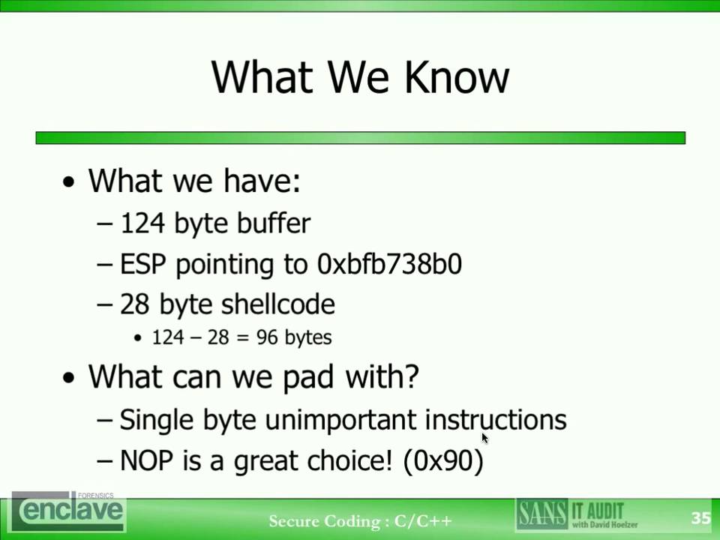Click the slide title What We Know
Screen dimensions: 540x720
[360, 76]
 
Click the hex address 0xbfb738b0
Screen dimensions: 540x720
[389, 264]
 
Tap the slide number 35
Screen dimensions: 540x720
[700, 518]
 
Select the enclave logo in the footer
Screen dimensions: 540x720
[69, 511]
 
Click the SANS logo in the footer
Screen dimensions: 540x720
[541, 514]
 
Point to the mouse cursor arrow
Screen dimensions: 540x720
[484, 437]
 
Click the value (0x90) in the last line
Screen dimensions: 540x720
[443, 460]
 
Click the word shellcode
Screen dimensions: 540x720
[280, 304]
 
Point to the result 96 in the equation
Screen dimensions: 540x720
[267, 337]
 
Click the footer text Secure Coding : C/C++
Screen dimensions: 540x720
[360, 520]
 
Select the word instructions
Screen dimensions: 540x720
[496, 419]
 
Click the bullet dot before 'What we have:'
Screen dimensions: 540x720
[70, 183]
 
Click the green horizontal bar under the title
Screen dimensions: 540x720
[360, 138]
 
